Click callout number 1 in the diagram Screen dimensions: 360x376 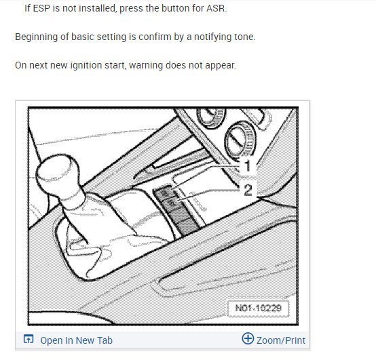247,165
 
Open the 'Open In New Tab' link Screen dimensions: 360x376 76,340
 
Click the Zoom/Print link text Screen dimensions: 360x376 280,340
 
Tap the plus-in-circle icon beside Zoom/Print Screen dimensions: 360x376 248,340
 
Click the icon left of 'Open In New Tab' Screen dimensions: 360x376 29,340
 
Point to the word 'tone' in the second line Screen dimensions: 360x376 242,37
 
